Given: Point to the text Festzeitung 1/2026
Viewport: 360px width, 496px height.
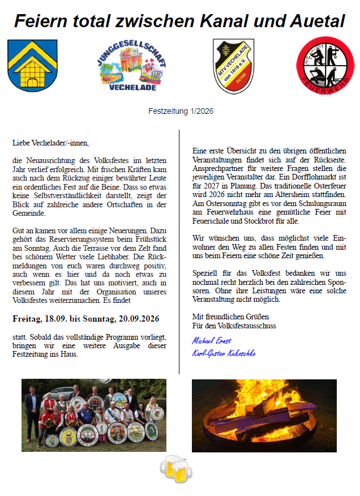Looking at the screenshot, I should click(181, 112).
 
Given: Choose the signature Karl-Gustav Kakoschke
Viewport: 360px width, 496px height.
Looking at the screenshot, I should click(224, 353).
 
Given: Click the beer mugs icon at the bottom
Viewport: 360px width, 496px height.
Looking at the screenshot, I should click(175, 469).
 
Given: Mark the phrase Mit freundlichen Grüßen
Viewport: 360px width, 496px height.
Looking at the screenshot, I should click(230, 317).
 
